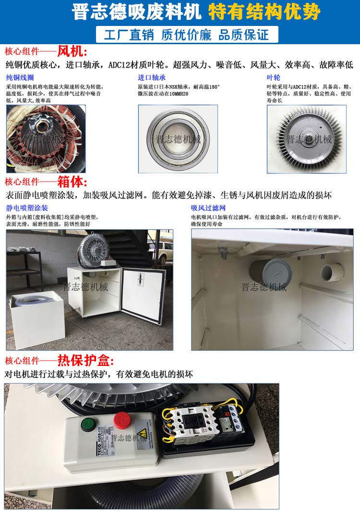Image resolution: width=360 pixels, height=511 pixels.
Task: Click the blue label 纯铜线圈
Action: [20, 77]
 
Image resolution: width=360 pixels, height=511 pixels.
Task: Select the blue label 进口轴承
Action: [152, 77]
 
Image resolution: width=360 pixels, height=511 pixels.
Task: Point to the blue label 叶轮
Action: [274, 77]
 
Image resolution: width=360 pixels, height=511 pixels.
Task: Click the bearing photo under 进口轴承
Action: [178, 139]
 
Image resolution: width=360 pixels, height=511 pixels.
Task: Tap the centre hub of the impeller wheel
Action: [306, 136]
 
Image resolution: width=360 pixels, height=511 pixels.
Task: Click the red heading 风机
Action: [72, 51]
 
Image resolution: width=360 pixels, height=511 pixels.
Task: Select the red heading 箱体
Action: [72, 182]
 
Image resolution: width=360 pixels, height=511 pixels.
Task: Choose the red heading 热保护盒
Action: [85, 360]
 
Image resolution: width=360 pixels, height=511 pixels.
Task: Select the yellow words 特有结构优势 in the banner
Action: [264, 12]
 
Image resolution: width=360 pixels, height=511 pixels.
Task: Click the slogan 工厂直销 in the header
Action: [126, 35]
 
